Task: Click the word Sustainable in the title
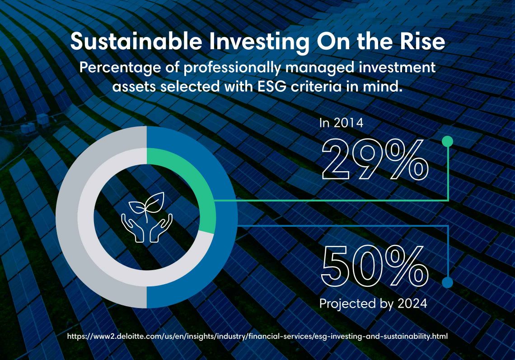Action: pos(136,42)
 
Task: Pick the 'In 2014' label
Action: pos(341,123)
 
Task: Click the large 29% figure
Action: pos(375,159)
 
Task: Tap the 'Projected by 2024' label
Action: pos(373,304)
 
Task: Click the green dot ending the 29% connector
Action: pos(447,141)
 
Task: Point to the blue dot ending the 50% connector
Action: pos(447,282)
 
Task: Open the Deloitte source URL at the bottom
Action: pos(257,337)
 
